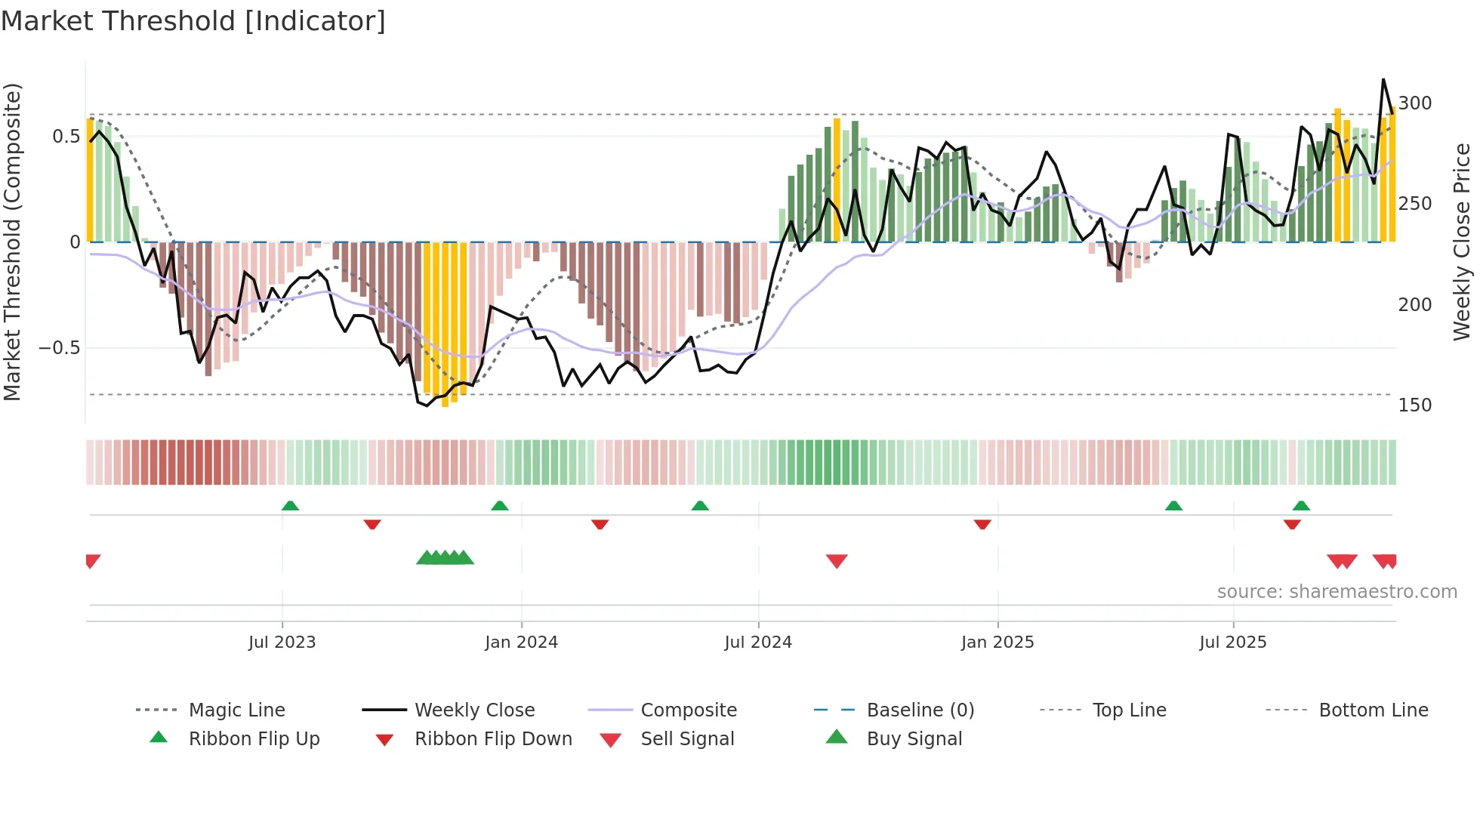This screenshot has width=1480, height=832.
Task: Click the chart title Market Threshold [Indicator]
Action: pyautogui.click(x=193, y=21)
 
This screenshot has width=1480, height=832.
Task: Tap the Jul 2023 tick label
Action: pyautogui.click(x=282, y=642)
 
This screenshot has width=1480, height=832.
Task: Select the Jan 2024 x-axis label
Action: pyautogui.click(x=521, y=642)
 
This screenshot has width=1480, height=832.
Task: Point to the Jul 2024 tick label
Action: pyautogui.click(x=758, y=642)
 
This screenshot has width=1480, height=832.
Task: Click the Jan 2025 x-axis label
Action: pyautogui.click(x=997, y=642)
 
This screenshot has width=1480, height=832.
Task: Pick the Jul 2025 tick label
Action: pyautogui.click(x=1233, y=642)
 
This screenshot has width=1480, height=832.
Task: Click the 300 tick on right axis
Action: pyautogui.click(x=1415, y=103)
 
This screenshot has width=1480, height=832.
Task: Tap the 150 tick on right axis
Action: pyautogui.click(x=1415, y=405)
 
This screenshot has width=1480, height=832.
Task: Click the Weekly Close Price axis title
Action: pyautogui.click(x=1462, y=242)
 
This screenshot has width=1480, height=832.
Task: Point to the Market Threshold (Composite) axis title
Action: pyautogui.click(x=12, y=242)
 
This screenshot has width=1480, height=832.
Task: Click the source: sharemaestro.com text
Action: pyautogui.click(x=1337, y=592)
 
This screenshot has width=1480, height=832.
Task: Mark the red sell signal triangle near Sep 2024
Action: pyautogui.click(x=837, y=560)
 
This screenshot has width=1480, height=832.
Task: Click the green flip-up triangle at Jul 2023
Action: pyautogui.click(x=290, y=506)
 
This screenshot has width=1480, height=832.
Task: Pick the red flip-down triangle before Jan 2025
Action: pyautogui.click(x=982, y=524)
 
